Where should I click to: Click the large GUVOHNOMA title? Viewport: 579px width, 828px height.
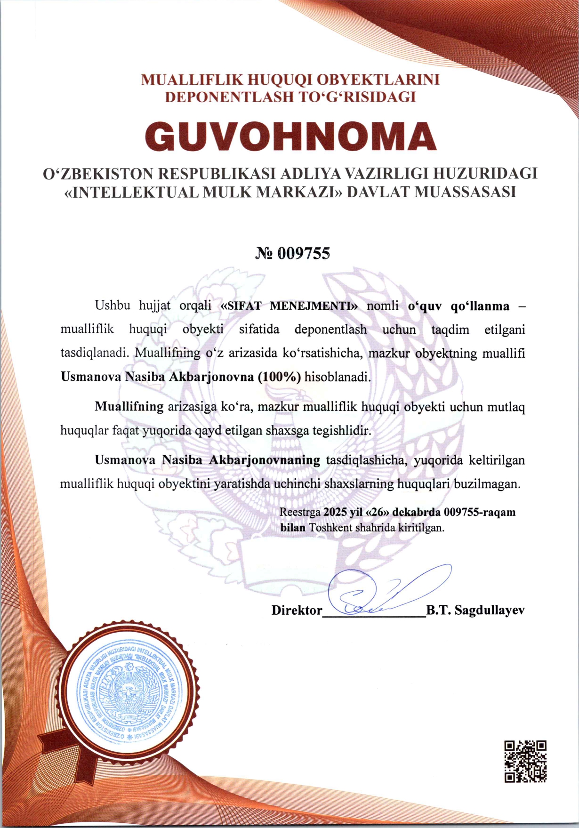(290, 136)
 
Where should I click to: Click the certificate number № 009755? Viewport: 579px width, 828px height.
(292, 253)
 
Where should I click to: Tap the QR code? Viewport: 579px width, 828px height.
(525, 761)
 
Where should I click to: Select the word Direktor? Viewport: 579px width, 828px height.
(297, 611)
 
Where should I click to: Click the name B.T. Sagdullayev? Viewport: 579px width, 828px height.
(475, 611)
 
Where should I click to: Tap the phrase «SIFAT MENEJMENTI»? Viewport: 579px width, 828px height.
(289, 306)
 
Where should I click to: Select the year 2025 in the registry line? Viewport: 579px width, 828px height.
(335, 512)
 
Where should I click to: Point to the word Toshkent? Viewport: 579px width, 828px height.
(330, 528)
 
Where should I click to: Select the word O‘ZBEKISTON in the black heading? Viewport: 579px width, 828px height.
(98, 174)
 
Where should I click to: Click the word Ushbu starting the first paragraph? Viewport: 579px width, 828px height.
(113, 305)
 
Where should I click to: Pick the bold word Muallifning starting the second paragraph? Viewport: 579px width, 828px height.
(129, 407)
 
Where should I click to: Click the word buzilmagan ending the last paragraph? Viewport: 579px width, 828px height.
(487, 484)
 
